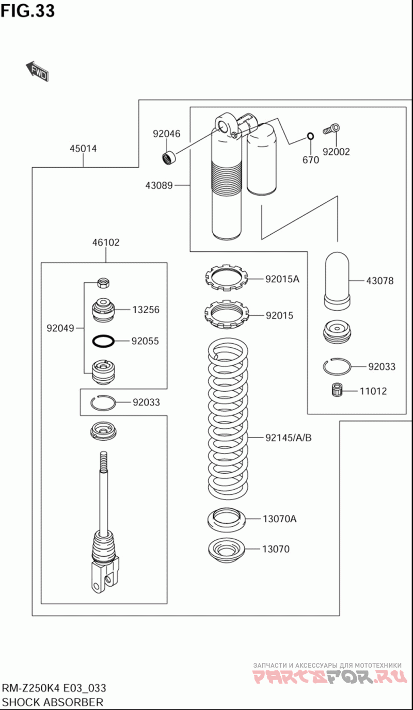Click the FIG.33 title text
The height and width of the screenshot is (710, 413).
[x=27, y=11]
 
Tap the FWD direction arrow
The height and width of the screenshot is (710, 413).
[x=38, y=71]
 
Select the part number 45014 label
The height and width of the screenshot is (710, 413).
[x=83, y=148]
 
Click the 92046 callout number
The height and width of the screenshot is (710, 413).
[x=167, y=134]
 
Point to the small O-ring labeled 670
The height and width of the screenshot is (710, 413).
[x=311, y=136]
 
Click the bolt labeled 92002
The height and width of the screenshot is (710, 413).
[x=331, y=129]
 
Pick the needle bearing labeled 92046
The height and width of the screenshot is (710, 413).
[x=169, y=157]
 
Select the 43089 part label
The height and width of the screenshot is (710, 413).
[x=159, y=185]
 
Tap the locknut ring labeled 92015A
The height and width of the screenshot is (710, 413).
[x=226, y=278]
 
